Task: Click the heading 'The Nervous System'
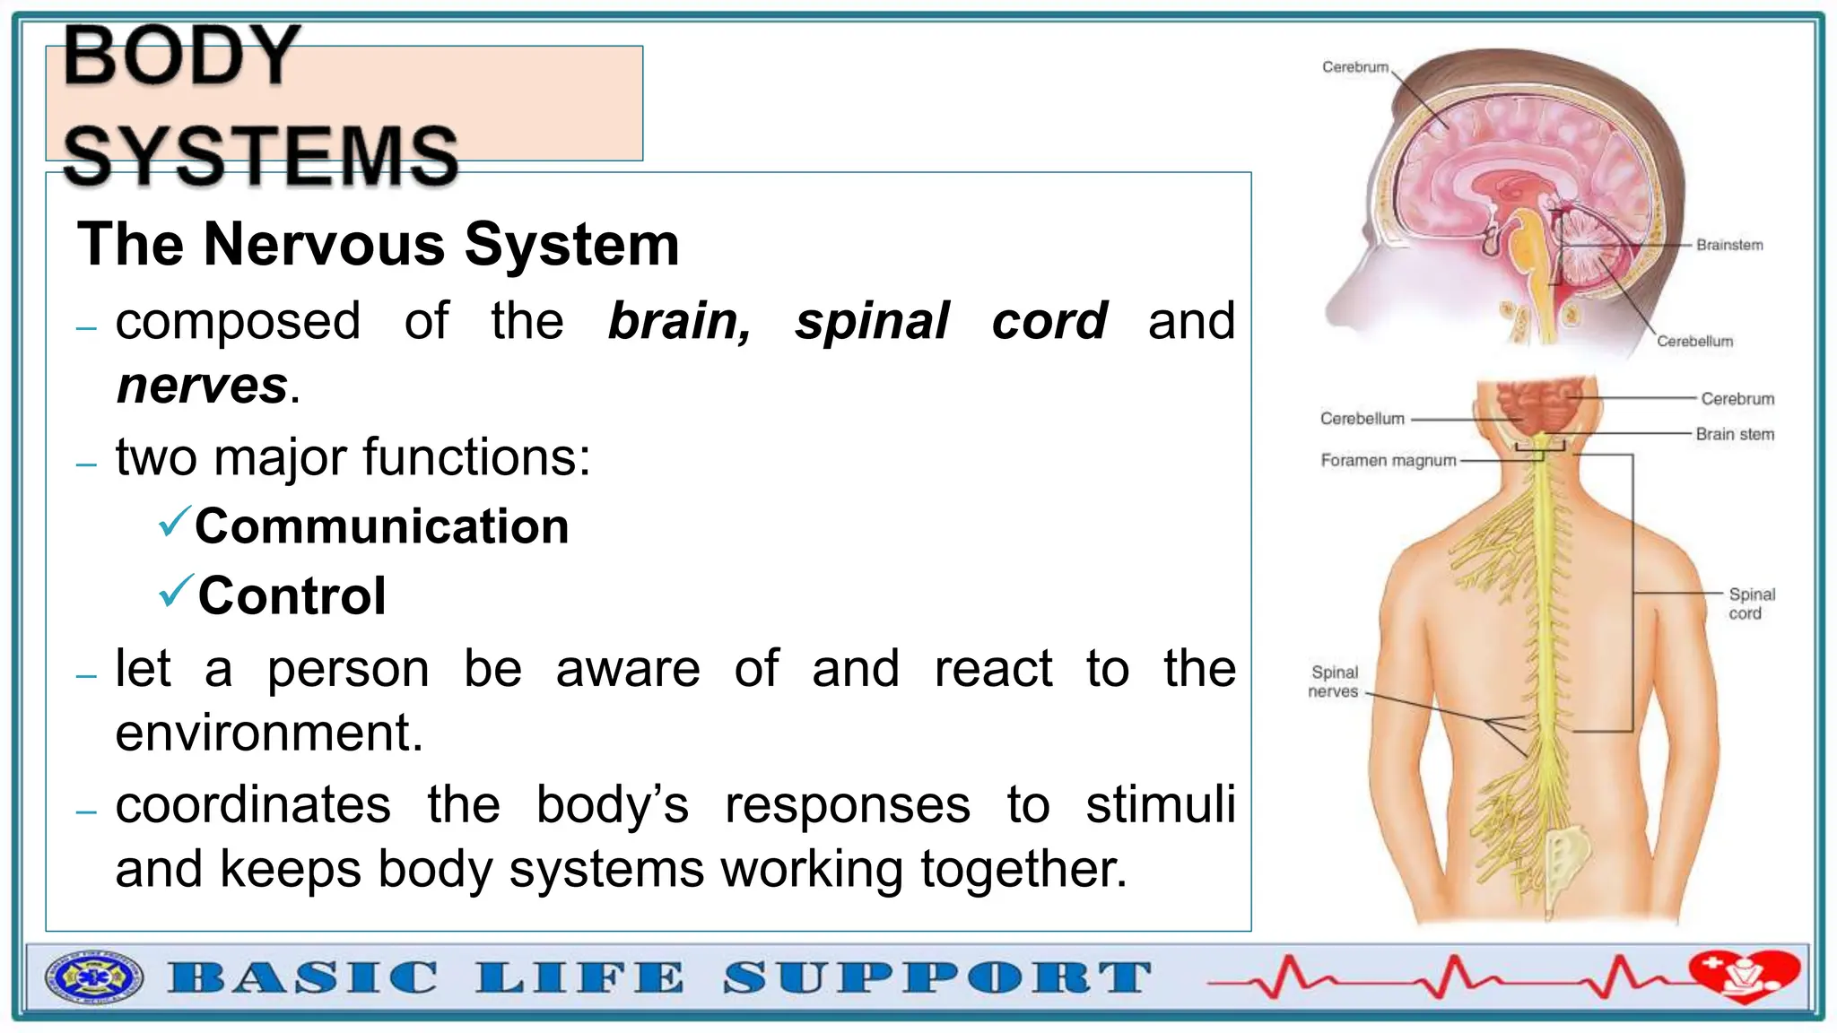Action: pos(378,244)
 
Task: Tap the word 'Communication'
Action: pos(382,526)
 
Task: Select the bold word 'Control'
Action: pos(292,595)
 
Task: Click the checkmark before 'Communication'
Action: pos(174,521)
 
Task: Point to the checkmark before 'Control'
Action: pos(175,591)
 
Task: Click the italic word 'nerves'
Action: pos(202,386)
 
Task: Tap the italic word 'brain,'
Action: pos(680,321)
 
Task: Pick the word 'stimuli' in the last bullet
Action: pos(1161,804)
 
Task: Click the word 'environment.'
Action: pos(269,733)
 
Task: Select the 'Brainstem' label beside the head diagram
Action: pos(1729,245)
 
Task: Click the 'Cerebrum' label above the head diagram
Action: pos(1354,67)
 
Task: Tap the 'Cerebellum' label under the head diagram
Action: pos(1694,342)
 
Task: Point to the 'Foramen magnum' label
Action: pos(1388,461)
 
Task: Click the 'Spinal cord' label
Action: pos(1751,603)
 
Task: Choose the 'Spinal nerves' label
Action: pos(1334,681)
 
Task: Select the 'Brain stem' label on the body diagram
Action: pos(1735,434)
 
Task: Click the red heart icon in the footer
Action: pos(1744,975)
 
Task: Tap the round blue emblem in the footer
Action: pos(94,977)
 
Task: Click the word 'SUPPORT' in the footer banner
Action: pos(936,977)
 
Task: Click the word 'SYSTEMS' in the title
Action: pos(261,156)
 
